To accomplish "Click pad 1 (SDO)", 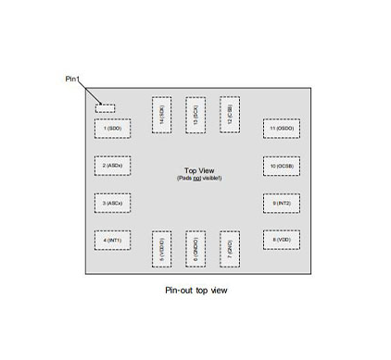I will [x=112, y=128].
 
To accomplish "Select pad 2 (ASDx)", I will [x=112, y=166].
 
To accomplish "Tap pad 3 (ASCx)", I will [x=112, y=203].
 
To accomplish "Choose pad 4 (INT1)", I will [x=112, y=240].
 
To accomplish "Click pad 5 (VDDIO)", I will [x=161, y=249].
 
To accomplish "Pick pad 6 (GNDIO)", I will [x=195, y=249].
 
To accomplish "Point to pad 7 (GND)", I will [x=229, y=249].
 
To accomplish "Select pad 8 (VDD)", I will [x=281, y=240].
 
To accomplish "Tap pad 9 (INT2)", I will [x=281, y=203].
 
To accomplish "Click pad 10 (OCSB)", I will [x=281, y=166].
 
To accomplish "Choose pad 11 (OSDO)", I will [x=281, y=128].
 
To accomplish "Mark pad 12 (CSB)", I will [x=229, y=115].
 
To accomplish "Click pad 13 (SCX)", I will [x=195, y=115].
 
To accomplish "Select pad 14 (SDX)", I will [x=161, y=115].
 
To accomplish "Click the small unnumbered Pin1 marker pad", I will [x=106, y=108].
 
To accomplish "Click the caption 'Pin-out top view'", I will [x=195, y=291].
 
